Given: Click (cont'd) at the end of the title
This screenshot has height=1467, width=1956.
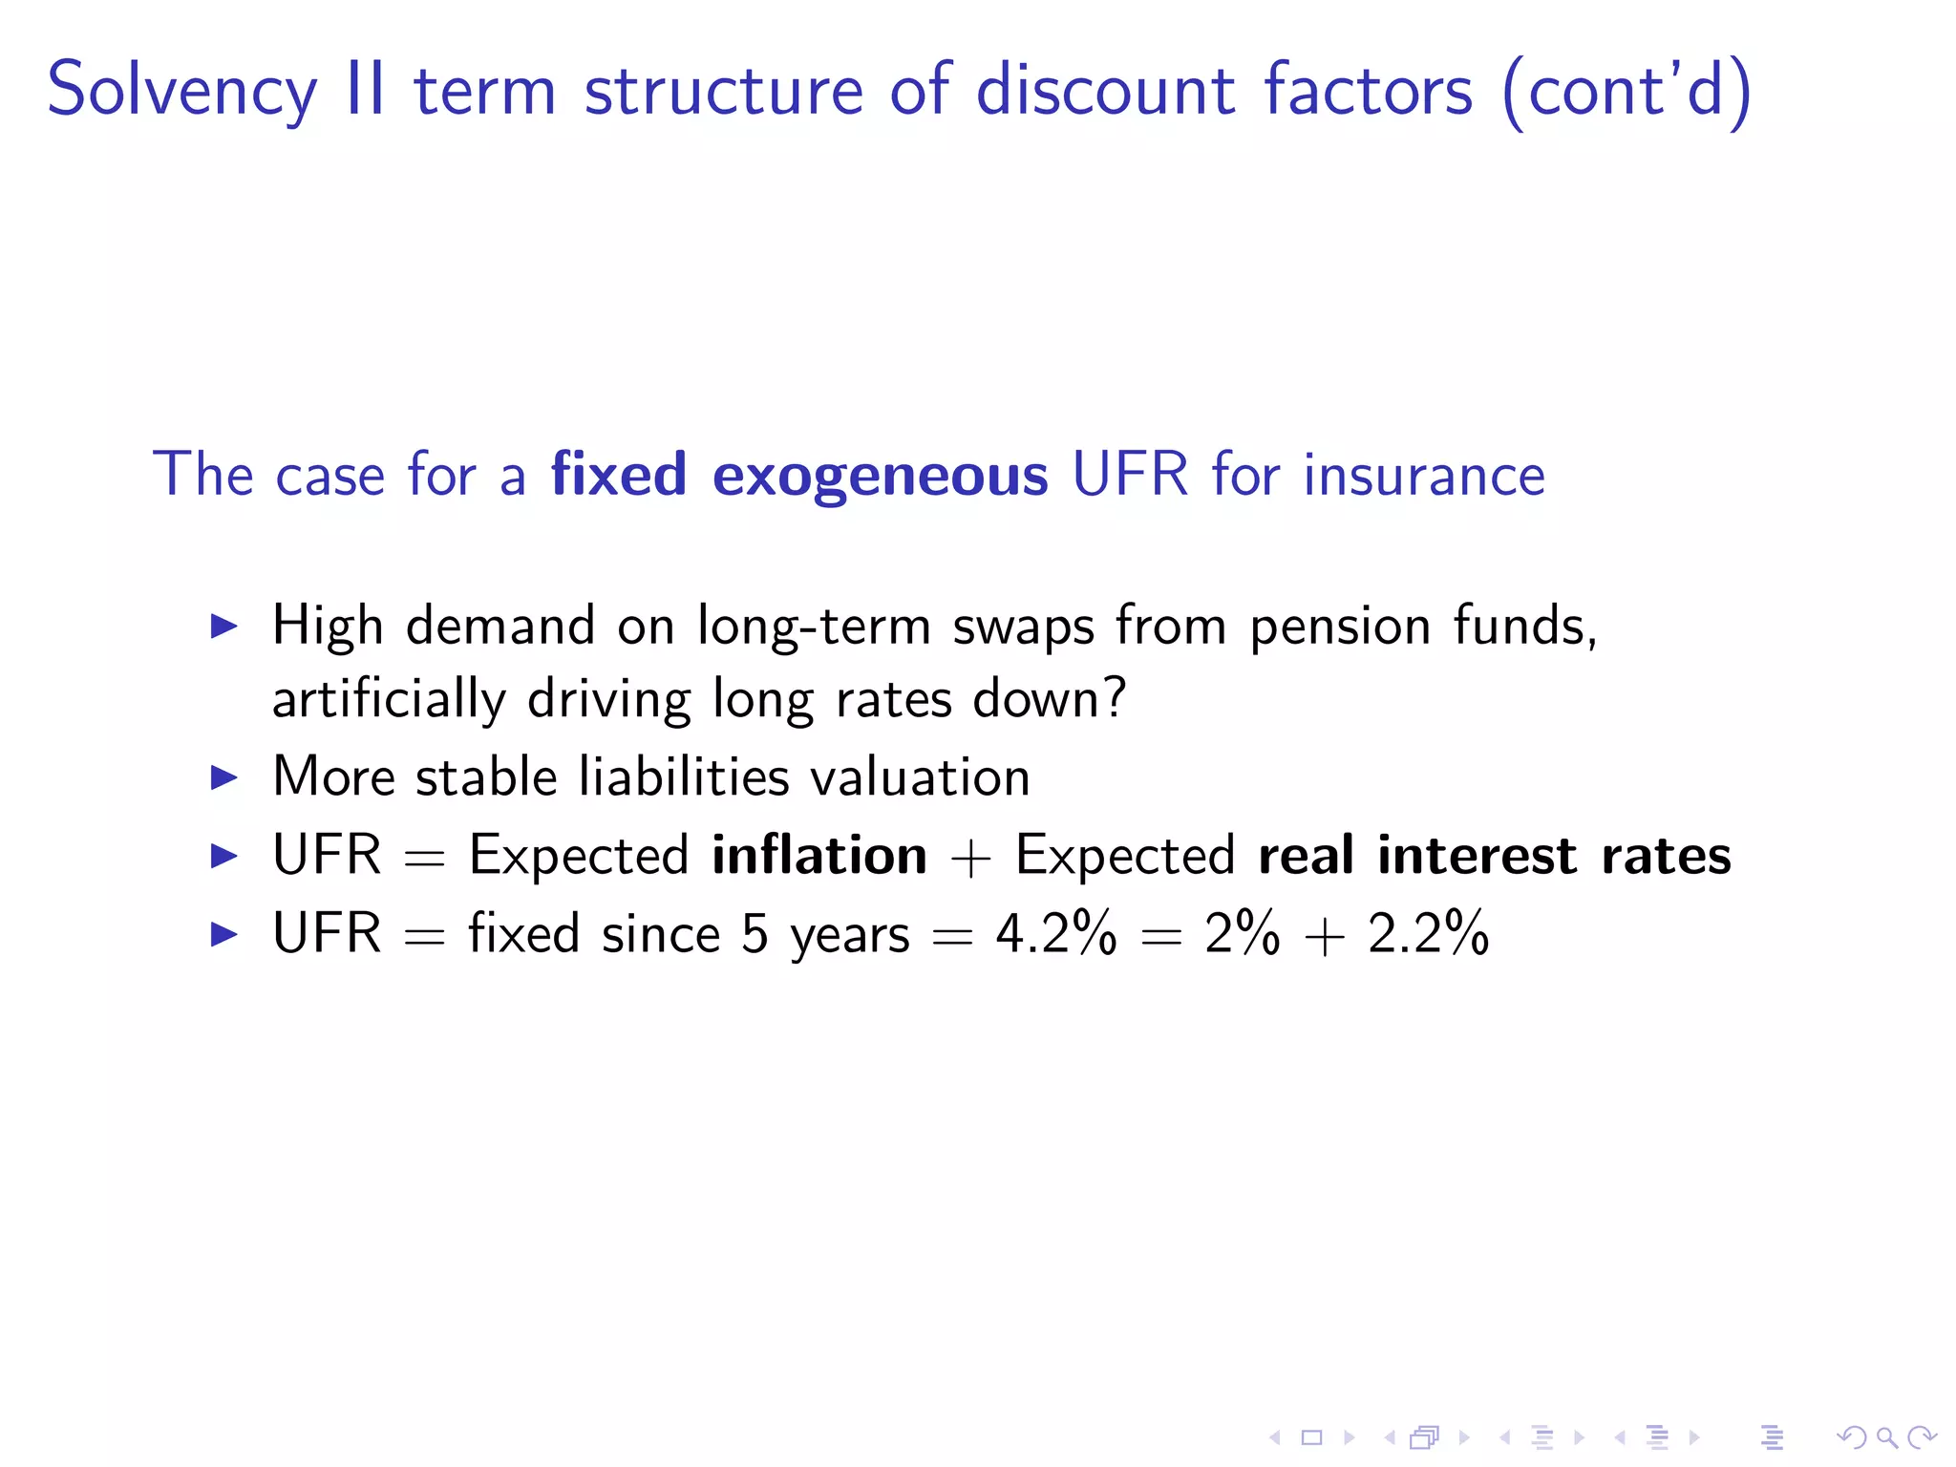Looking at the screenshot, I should coord(1626,91).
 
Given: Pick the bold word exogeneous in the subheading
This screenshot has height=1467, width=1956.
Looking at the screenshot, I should coord(880,475).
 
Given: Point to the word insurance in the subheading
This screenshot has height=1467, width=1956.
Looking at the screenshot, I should coord(1424,475).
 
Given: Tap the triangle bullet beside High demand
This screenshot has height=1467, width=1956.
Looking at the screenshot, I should coord(223,627).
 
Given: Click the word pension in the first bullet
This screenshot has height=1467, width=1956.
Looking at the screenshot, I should coord(1340,627).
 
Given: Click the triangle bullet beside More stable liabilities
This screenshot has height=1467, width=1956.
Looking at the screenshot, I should coord(223,777).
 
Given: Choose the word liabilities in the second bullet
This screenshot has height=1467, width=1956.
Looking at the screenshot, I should coord(684,776).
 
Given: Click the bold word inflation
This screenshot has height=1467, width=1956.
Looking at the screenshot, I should coord(819,855).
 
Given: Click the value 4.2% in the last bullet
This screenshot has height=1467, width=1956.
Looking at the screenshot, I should coord(1055,933).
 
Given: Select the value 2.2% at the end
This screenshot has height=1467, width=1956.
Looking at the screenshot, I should coord(1428,933).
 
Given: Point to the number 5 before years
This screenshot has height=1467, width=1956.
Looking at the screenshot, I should coord(755,933).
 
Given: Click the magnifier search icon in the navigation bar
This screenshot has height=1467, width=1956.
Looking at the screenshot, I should coord(1886,1437).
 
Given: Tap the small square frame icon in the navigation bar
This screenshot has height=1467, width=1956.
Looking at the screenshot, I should coord(1311,1437).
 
